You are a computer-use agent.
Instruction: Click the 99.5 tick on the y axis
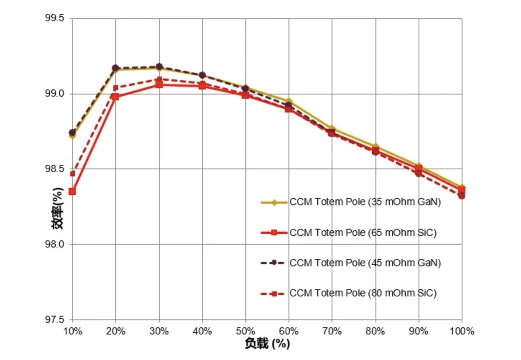[54, 18]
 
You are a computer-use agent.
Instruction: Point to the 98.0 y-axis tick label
[54, 244]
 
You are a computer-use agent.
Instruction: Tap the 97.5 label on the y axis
[54, 320]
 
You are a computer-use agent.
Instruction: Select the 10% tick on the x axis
[73, 331]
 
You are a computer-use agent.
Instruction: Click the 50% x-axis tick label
[245, 331]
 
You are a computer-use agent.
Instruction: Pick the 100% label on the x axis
[462, 331]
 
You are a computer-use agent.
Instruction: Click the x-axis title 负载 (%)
[267, 344]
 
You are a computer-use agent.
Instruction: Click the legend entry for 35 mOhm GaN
[365, 202]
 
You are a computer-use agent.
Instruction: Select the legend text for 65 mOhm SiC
[363, 233]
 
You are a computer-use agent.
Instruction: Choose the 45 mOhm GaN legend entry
[365, 263]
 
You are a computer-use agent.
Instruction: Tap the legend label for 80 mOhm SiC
[363, 294]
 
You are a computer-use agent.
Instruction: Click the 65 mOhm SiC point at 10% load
[72, 191]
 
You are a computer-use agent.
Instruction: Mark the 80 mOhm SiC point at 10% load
[73, 174]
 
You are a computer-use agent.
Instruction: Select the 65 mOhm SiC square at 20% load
[115, 97]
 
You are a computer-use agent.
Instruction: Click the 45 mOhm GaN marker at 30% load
[159, 66]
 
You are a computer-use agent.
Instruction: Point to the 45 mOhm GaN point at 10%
[72, 133]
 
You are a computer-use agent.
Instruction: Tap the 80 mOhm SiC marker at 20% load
[115, 88]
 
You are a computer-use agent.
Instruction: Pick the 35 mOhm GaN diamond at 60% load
[289, 101]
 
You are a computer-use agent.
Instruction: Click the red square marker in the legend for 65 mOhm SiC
[274, 232]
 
